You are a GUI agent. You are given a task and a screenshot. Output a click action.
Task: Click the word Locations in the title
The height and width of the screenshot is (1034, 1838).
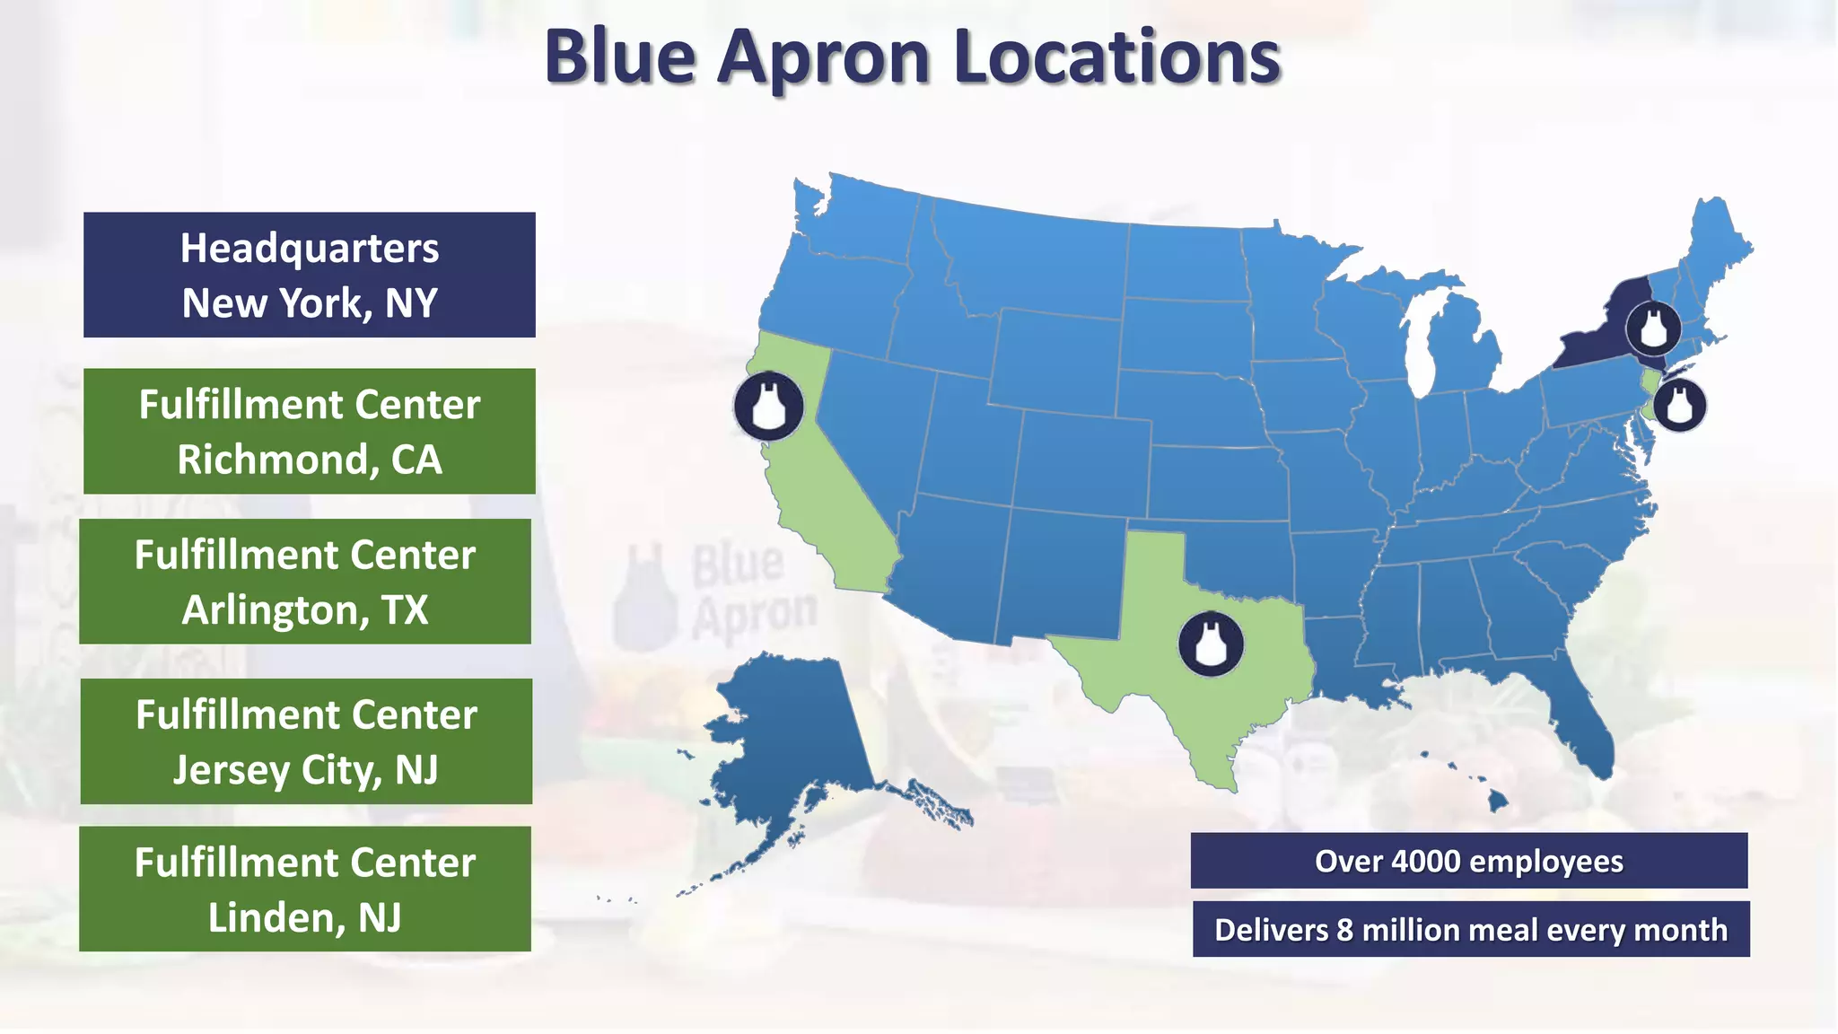[x=1116, y=57]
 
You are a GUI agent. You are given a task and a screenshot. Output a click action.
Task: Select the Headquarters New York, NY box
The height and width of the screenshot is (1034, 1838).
[x=310, y=275]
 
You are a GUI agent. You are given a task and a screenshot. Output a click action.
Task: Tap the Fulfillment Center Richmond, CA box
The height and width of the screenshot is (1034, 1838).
[x=310, y=431]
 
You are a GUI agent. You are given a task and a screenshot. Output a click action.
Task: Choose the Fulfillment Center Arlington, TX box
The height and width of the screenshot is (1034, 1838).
[x=305, y=581]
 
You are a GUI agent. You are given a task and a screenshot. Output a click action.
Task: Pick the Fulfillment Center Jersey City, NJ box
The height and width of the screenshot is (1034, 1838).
[x=306, y=740]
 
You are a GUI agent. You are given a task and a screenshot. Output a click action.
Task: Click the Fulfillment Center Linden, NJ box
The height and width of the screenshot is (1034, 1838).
[x=305, y=889]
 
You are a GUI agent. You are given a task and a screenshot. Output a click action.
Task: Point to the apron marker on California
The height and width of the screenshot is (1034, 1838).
[x=768, y=407]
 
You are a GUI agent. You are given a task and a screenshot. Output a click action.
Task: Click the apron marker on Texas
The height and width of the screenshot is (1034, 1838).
[x=1211, y=644]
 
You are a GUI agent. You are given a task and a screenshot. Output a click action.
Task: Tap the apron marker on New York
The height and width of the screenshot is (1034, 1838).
[x=1653, y=329]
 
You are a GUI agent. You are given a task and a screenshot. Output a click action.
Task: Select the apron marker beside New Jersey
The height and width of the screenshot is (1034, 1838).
[x=1679, y=405]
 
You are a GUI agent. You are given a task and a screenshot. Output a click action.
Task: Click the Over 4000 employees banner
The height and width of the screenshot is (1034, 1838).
[x=1468, y=861]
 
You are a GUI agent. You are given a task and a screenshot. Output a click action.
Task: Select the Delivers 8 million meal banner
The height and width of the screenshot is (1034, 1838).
[x=1470, y=929]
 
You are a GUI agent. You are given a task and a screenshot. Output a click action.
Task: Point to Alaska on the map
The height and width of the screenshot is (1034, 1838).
[x=790, y=736]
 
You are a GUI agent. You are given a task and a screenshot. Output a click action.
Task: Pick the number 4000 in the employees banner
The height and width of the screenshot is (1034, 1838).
[x=1426, y=861]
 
